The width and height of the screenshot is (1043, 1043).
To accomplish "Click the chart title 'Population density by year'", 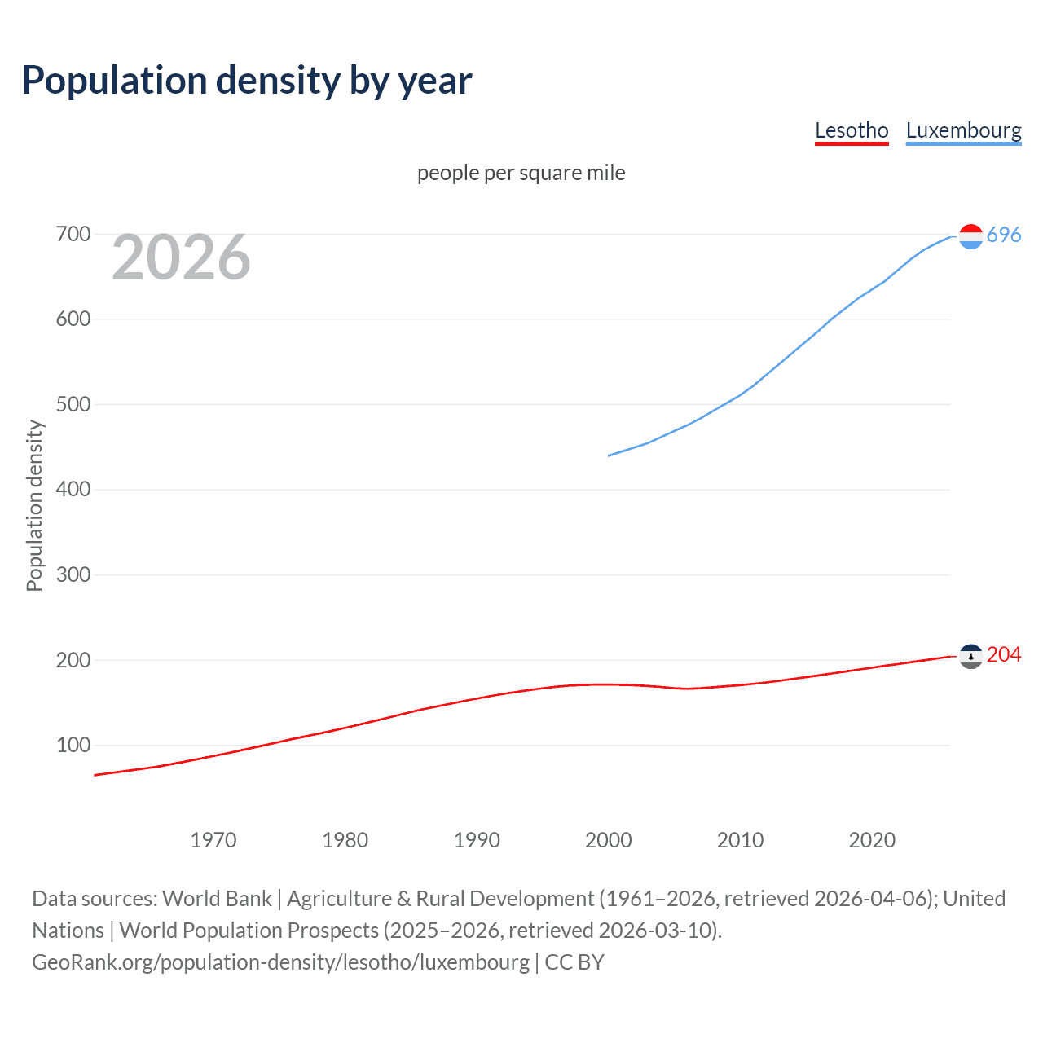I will [x=247, y=81].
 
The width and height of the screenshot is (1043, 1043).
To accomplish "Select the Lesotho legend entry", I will [x=852, y=130].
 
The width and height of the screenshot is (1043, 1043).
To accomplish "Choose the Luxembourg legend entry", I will [x=963, y=130].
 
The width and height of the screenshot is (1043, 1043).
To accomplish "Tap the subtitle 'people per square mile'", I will [x=521, y=173].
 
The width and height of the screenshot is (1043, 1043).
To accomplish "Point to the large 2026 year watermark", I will [x=181, y=257].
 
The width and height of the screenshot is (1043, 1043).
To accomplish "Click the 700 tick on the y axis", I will [x=73, y=235].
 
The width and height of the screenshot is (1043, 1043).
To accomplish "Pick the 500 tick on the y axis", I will [x=73, y=405].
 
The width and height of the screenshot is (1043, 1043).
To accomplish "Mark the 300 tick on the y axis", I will [x=73, y=575].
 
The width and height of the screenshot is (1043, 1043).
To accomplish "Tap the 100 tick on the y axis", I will [x=73, y=746].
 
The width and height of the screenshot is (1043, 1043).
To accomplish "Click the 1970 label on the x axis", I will [x=213, y=840].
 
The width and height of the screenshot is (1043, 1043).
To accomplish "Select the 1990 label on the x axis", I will [x=477, y=840].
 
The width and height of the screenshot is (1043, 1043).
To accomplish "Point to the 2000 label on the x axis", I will [x=609, y=840].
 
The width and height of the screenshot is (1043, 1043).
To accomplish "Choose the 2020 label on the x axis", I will [x=872, y=840].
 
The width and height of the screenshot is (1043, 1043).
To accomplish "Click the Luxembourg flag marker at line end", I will [x=970, y=236].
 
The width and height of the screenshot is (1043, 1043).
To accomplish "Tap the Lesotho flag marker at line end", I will [x=970, y=656].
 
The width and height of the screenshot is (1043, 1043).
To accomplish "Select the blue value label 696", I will [x=1004, y=235].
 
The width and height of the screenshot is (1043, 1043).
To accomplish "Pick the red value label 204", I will [x=1004, y=655].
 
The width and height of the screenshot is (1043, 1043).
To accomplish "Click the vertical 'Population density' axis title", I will [x=34, y=505].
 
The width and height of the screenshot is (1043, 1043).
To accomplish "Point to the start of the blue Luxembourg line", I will [x=610, y=455].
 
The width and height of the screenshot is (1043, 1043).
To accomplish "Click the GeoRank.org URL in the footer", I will [x=280, y=962].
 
